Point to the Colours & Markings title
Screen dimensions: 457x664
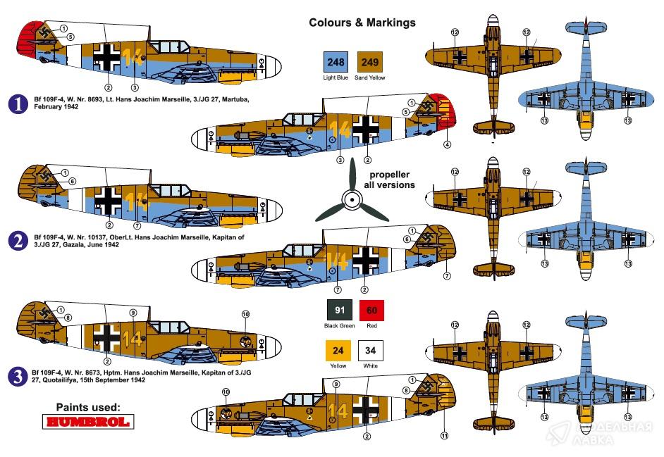pos(362,23)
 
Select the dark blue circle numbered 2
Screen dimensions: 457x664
pos(17,242)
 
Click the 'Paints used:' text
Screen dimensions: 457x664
pos(88,406)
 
